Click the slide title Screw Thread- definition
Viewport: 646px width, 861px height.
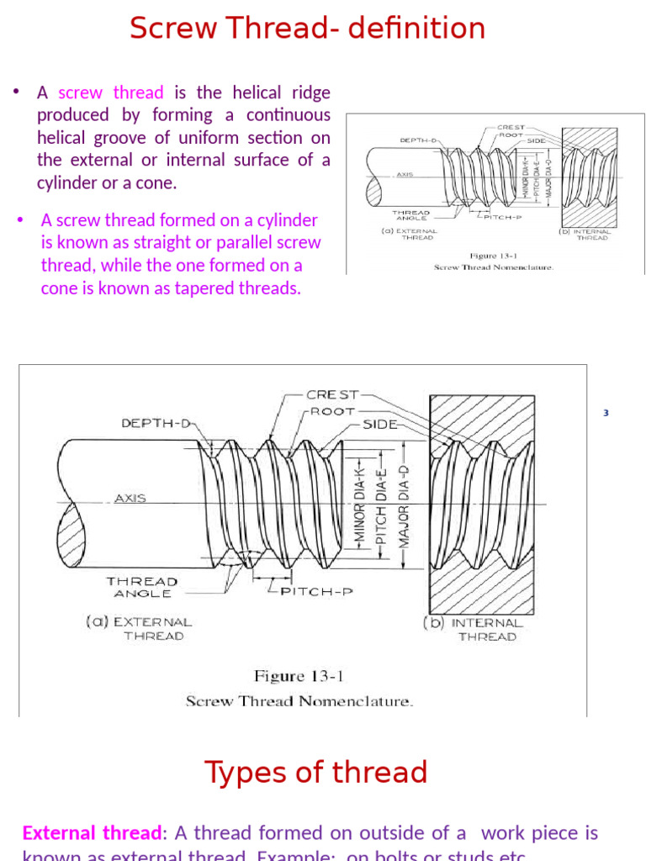pyautogui.click(x=307, y=29)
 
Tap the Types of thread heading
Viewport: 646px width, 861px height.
pyautogui.click(x=315, y=772)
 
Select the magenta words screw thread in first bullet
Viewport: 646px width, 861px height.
pyautogui.click(x=111, y=92)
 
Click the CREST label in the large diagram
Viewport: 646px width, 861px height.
pyautogui.click(x=332, y=394)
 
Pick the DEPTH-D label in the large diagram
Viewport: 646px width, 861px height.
pyautogui.click(x=157, y=424)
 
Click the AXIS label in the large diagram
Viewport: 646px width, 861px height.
pyautogui.click(x=130, y=498)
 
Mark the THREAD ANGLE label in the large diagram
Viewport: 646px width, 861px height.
pyautogui.click(x=142, y=587)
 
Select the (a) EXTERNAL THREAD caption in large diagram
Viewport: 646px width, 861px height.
pyautogui.click(x=140, y=629)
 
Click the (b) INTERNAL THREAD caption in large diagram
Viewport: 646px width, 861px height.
pyautogui.click(x=473, y=630)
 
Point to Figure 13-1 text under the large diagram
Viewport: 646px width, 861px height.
pyautogui.click(x=299, y=676)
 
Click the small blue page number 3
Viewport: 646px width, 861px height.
pyautogui.click(x=606, y=413)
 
